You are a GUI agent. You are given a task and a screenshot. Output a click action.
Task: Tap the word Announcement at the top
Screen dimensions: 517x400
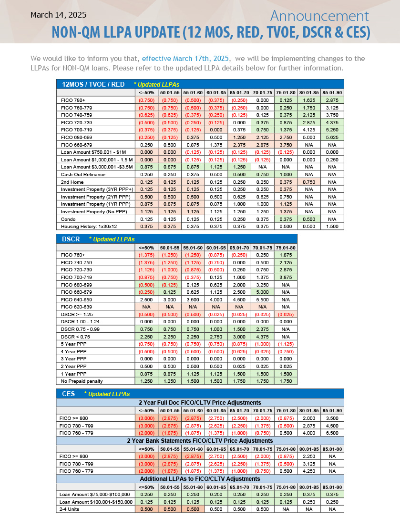coord(319,16)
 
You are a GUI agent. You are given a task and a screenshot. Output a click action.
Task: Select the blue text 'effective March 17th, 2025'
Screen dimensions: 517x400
coord(185,59)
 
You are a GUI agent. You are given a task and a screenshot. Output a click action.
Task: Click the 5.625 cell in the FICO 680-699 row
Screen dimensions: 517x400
coord(332,137)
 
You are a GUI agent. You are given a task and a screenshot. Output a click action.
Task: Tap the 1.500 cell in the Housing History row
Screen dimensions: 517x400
coord(332,226)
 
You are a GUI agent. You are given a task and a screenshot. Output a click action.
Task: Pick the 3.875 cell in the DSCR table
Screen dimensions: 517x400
coord(286,277)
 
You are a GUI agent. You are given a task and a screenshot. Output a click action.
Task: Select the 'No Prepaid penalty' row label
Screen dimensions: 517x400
coord(82,381)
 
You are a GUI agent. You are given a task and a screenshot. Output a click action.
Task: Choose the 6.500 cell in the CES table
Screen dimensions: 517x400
coord(332,433)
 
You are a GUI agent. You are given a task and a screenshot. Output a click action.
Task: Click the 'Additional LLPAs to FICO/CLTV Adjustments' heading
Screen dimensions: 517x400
coord(200,478)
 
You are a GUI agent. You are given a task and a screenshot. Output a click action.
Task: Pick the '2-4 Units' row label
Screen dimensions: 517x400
coord(70,509)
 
